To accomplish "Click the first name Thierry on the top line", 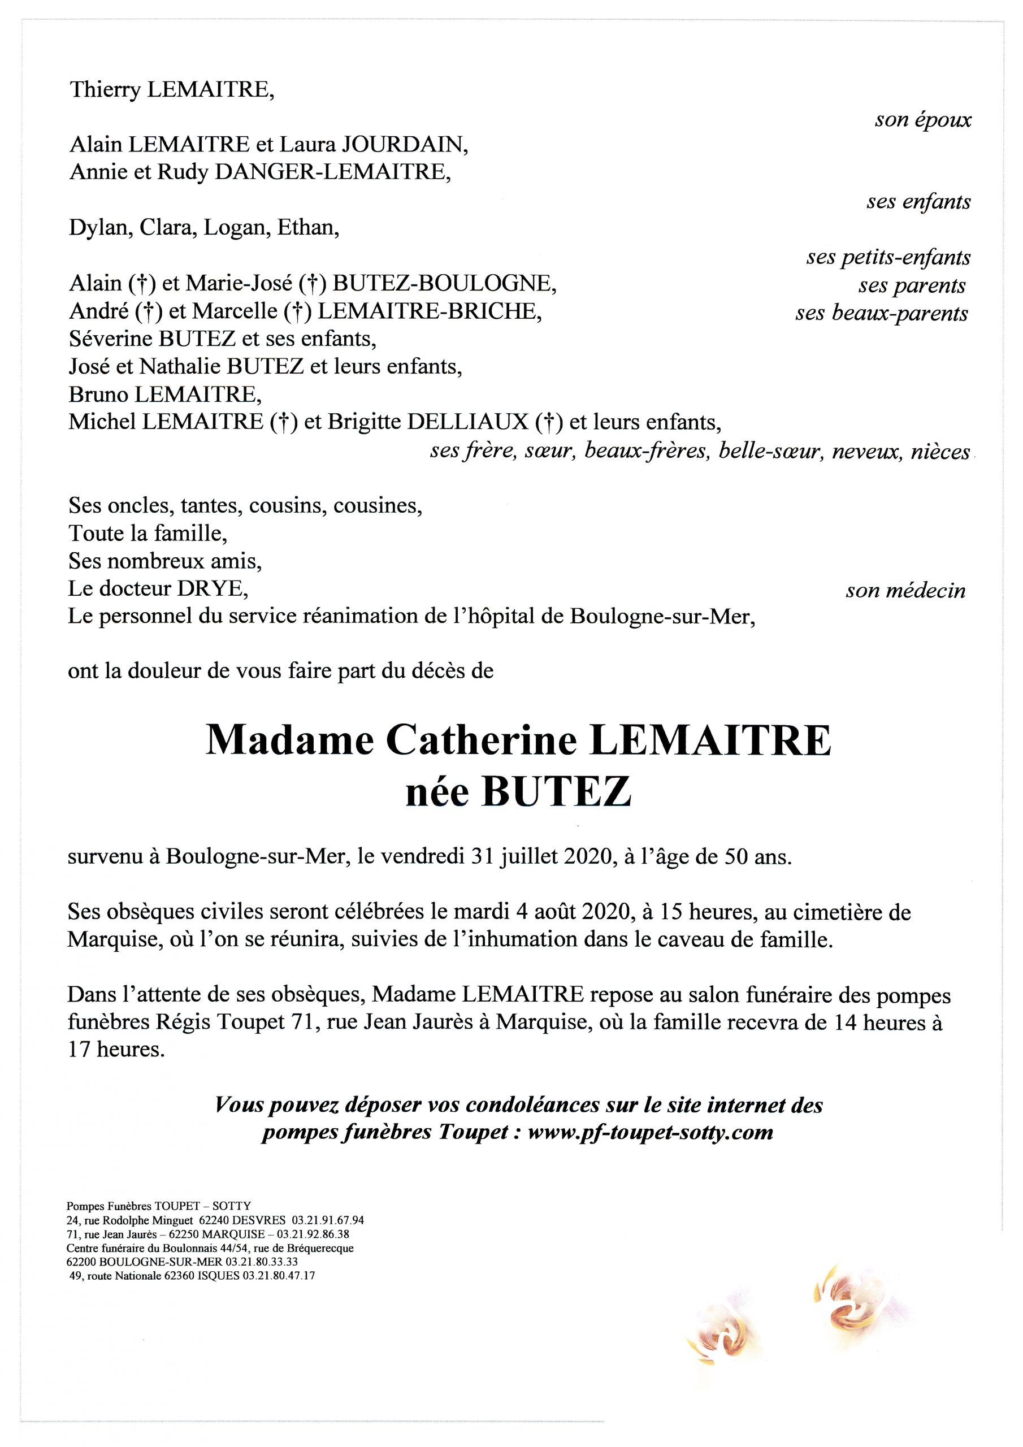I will [x=105, y=91].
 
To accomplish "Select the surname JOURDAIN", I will [x=404, y=146].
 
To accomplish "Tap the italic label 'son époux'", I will [x=922, y=120].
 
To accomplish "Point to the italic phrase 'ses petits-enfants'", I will [x=887, y=258].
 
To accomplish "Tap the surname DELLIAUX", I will [x=467, y=422].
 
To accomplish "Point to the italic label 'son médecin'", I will [x=905, y=591].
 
